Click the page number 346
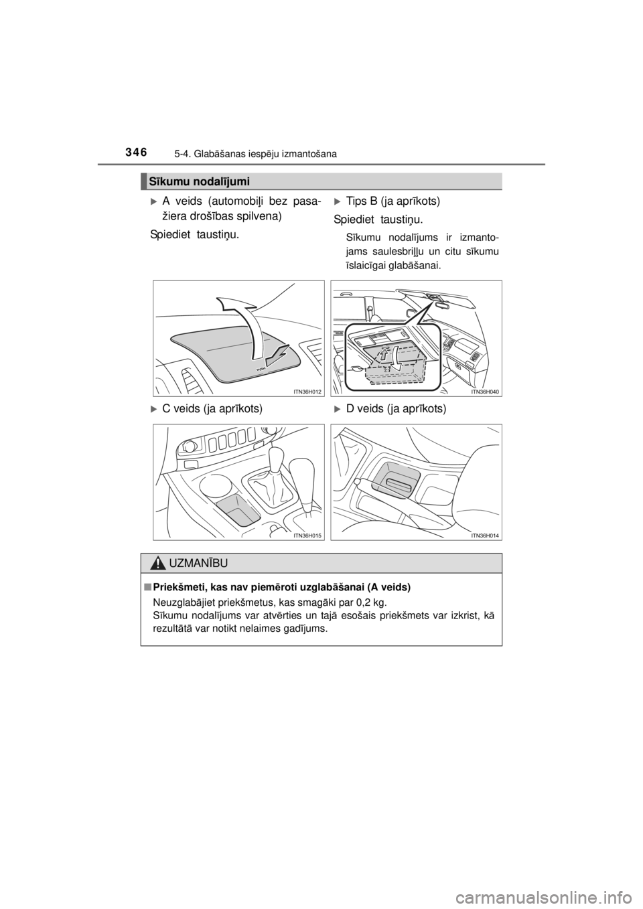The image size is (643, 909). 137,152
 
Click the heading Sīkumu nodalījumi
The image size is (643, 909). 199,181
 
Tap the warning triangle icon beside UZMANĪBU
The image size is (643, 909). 159,563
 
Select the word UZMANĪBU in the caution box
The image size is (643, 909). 198,563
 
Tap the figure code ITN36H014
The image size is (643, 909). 486,535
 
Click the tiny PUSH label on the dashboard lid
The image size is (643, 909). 261,369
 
